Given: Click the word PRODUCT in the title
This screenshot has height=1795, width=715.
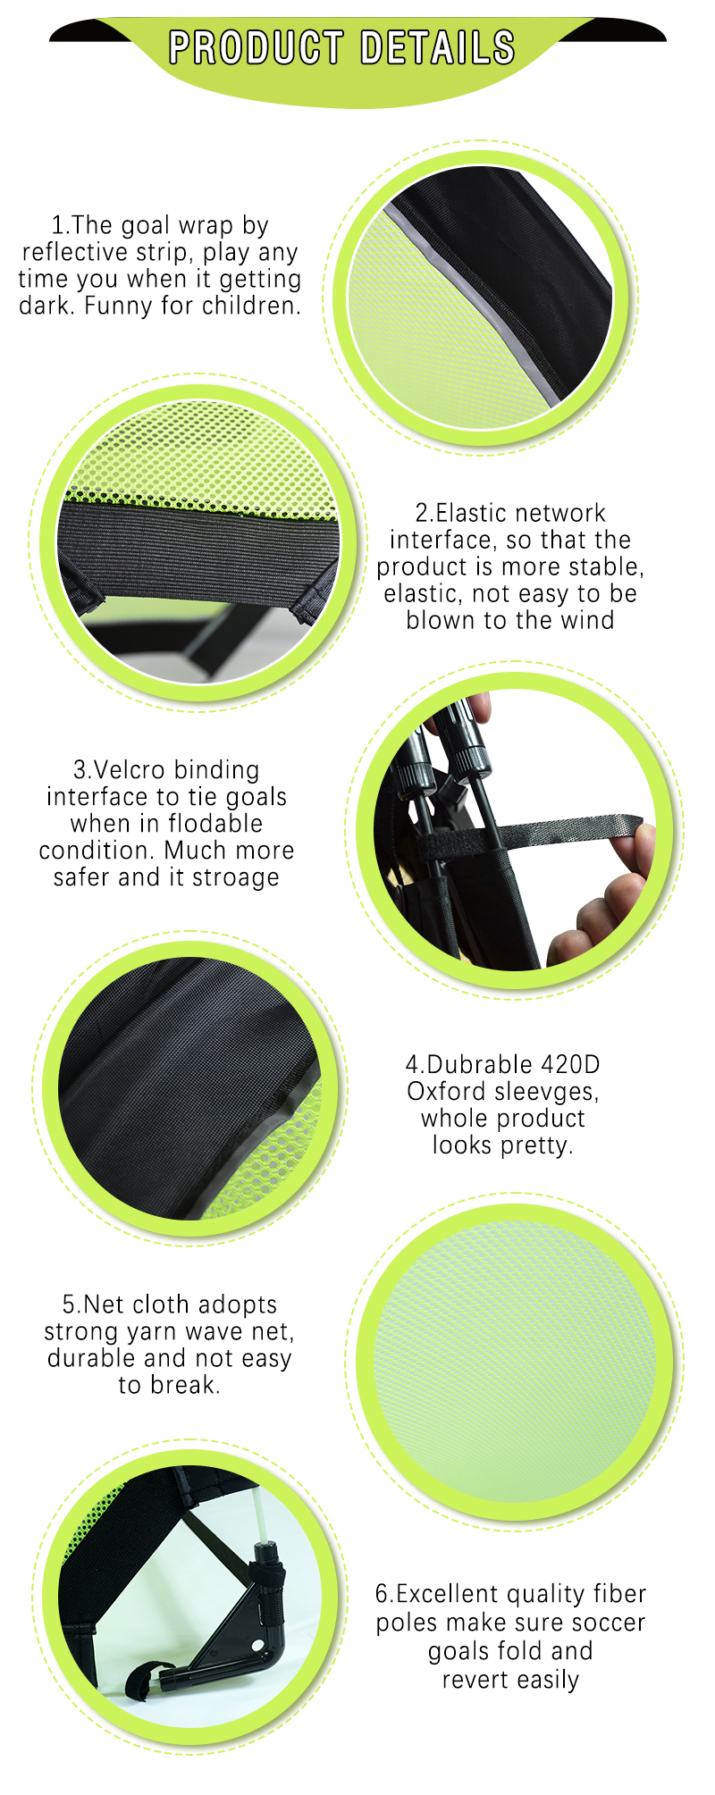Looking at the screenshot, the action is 257,47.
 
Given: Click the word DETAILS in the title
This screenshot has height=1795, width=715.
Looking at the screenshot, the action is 438,47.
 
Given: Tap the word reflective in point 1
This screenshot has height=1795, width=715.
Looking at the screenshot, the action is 73,252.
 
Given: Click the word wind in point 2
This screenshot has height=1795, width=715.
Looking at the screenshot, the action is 588,620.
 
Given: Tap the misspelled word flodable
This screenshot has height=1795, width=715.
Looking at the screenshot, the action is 215,823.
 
